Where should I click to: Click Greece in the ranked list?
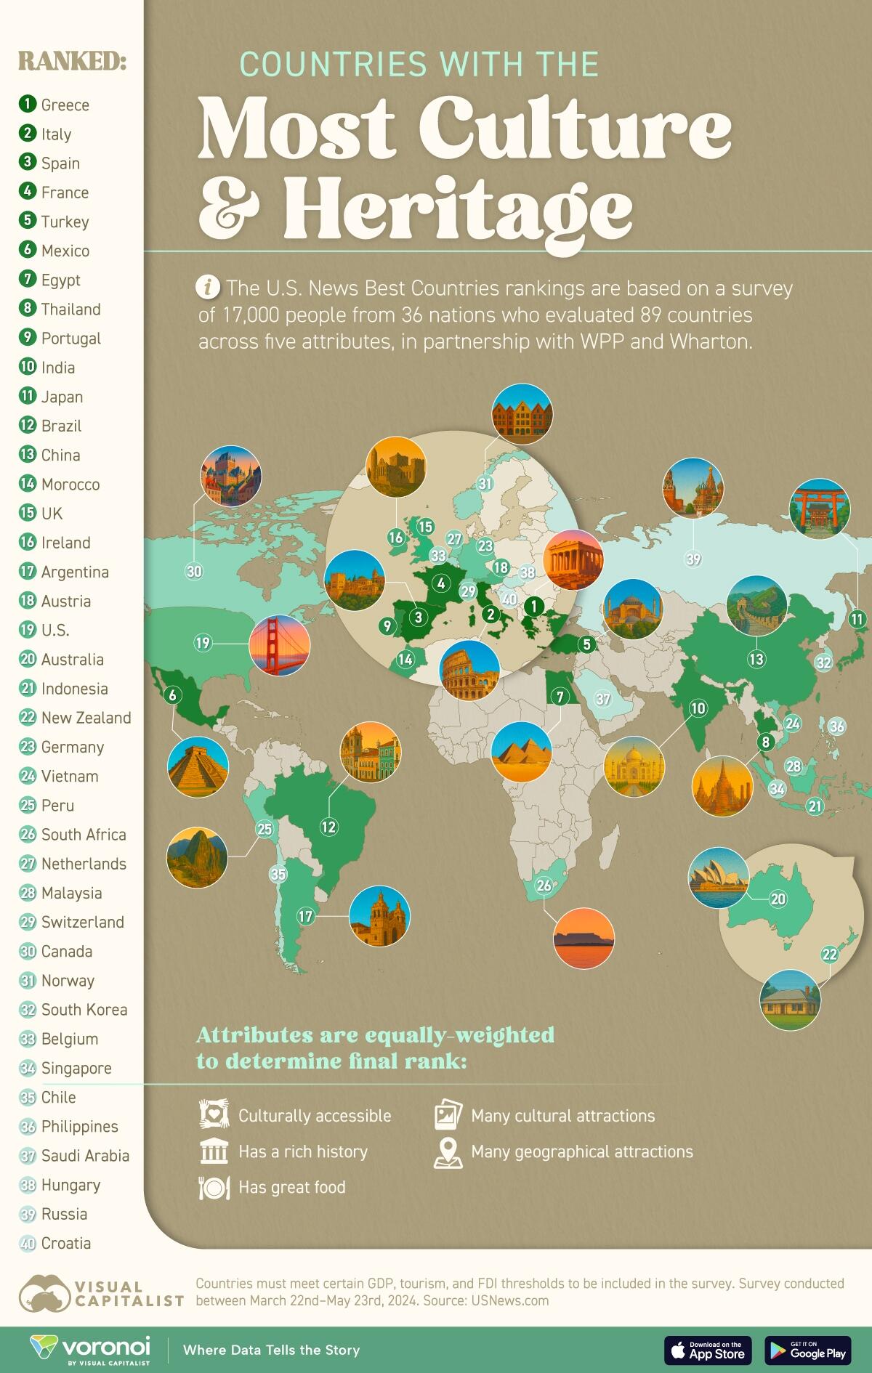[65, 105]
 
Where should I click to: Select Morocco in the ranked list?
[70, 484]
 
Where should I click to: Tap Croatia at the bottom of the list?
[65, 1243]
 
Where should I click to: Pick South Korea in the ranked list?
[84, 1009]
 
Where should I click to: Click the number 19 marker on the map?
[202, 642]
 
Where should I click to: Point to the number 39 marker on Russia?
[693, 559]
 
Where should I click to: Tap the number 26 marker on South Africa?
[544, 885]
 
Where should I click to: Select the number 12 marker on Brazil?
[328, 826]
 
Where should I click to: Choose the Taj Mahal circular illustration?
[634, 766]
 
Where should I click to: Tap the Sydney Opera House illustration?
[718, 878]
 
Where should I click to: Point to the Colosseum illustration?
[469, 670]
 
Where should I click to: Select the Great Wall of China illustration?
[756, 605]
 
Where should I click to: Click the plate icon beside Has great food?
[214, 1187]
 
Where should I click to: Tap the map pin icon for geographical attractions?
[448, 1152]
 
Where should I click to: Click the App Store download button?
[707, 1350]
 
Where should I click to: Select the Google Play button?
[807, 1350]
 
